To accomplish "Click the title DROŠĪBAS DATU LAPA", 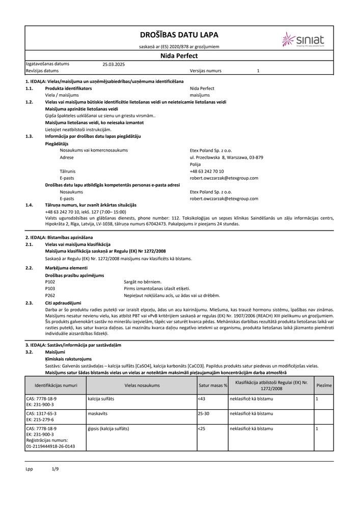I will [x=179, y=35].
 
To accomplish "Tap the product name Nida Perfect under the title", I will [x=179, y=56].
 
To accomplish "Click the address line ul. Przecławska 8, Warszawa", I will [x=226, y=158].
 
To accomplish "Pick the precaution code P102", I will [x=50, y=282].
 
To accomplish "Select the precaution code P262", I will [x=50, y=295].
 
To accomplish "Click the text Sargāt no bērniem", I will [x=142, y=282].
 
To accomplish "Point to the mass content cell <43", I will [x=201, y=399].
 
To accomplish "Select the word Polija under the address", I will [x=195, y=165].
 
